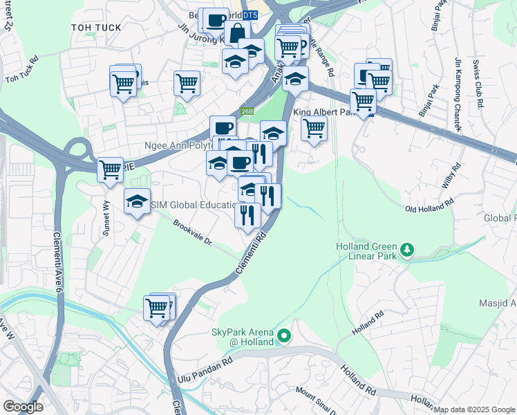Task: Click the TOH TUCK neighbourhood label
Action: (x=96, y=28)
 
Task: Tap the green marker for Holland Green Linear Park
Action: (x=408, y=249)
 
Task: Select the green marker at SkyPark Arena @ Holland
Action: (x=283, y=337)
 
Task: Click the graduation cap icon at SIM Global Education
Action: (x=137, y=201)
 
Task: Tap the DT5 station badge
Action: (x=250, y=15)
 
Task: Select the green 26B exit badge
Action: (x=247, y=110)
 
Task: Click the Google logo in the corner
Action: (x=23, y=407)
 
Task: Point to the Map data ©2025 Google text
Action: (x=474, y=409)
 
